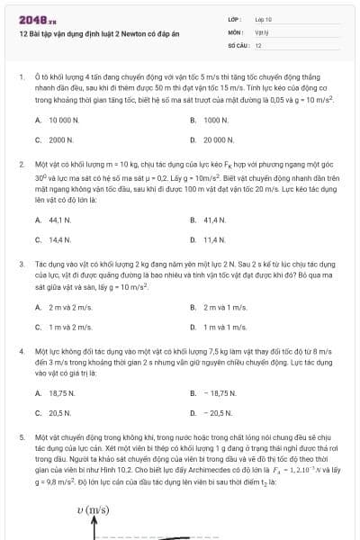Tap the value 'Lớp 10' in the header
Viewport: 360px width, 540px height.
click(263, 18)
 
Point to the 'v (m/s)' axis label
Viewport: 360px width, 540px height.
click(93, 510)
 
